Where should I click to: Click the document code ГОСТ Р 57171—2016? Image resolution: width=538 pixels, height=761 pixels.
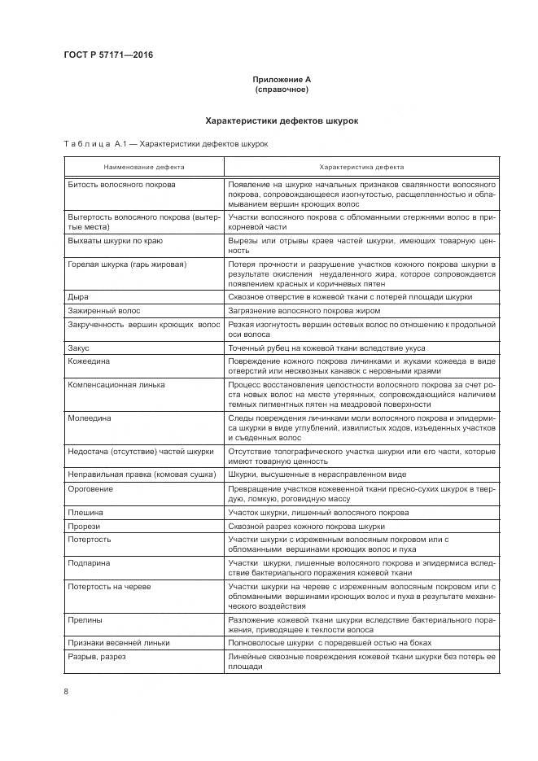[x=108, y=55]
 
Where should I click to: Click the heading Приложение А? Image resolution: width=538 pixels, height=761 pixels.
[x=282, y=79]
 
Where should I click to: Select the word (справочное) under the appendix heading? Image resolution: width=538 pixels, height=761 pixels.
[x=282, y=89]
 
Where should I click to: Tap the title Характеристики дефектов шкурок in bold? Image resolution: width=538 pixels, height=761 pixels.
[x=282, y=120]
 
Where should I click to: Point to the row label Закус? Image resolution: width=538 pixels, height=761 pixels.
[x=80, y=347]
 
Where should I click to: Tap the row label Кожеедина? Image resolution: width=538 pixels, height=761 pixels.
[x=89, y=360]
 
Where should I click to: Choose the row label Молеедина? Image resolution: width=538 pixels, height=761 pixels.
[x=90, y=417]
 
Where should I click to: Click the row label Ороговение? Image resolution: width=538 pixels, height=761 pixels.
[x=90, y=488]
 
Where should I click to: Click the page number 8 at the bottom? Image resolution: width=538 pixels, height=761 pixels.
[x=66, y=691]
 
